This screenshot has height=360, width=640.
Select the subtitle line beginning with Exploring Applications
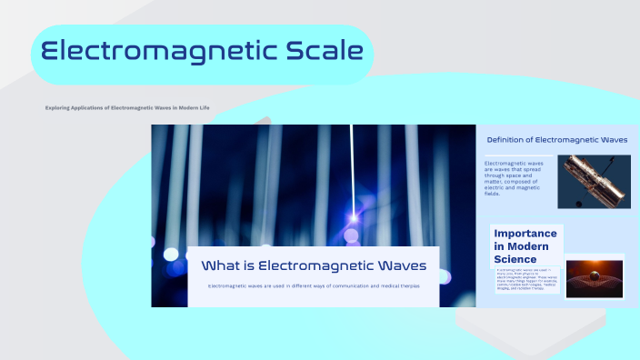(127, 108)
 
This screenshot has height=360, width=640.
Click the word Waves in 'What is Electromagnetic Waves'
(396, 265)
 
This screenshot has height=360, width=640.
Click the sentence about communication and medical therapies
(314, 286)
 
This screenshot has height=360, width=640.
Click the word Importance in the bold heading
(525, 234)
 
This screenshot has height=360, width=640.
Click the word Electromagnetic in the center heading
(310, 265)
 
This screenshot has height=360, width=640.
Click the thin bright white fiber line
(352, 164)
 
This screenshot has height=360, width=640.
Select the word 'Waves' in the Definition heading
(610, 140)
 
